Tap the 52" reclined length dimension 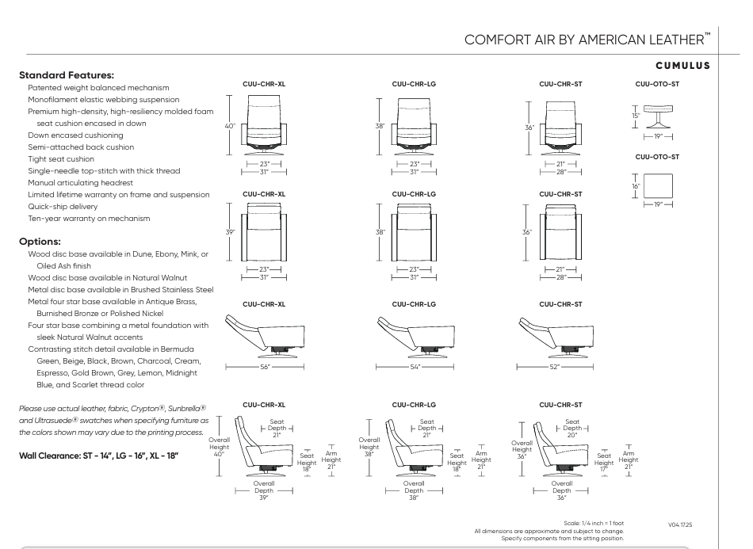(x=560, y=367)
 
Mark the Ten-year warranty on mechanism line (x=78, y=218)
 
